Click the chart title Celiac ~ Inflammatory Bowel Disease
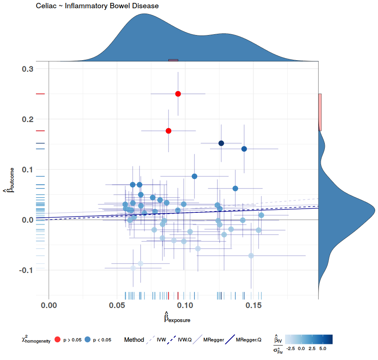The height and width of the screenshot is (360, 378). pyautogui.click(x=97, y=6)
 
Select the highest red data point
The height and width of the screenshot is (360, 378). pyautogui.click(x=178, y=94)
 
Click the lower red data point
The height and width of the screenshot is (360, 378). pyautogui.click(x=168, y=131)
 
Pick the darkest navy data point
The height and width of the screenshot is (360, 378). pyautogui.click(x=221, y=143)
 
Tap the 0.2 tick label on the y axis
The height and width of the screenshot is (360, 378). pyautogui.click(x=28, y=119)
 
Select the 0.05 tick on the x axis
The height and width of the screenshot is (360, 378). pyautogui.click(x=117, y=306)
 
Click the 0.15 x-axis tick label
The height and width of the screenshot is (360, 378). pyautogui.click(x=254, y=306)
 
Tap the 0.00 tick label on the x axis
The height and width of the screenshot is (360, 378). pyautogui.click(x=49, y=306)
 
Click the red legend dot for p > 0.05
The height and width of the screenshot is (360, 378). pyautogui.click(x=57, y=340)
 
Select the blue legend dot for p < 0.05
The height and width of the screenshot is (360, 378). pyautogui.click(x=87, y=340)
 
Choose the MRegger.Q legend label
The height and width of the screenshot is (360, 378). pyautogui.click(x=248, y=340)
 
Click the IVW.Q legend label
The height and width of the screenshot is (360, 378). pyautogui.click(x=184, y=340)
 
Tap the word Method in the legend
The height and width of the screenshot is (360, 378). pyautogui.click(x=134, y=340)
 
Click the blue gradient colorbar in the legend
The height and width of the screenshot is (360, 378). pyautogui.click(x=309, y=339)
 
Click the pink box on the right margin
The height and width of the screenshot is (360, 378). pyautogui.click(x=320, y=112)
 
